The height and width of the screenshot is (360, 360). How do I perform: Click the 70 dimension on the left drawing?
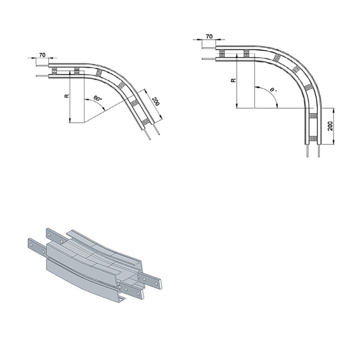click(x=43, y=55)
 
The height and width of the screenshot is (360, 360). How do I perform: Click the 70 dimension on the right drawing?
click(x=209, y=36)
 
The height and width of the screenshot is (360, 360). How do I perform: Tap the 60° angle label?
click(x=97, y=99)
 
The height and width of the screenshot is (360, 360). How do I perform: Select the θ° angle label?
click(x=273, y=90)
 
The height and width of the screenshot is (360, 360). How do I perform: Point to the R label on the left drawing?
click(x=66, y=96)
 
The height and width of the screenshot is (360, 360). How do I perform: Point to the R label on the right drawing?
click(x=233, y=80)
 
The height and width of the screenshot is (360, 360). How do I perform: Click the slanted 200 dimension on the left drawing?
click(x=155, y=101)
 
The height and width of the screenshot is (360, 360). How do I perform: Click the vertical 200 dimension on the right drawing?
click(x=330, y=126)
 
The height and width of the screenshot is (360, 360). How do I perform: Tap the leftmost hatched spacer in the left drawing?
click(x=54, y=71)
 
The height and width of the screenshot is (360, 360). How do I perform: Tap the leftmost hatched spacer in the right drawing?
click(x=222, y=54)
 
